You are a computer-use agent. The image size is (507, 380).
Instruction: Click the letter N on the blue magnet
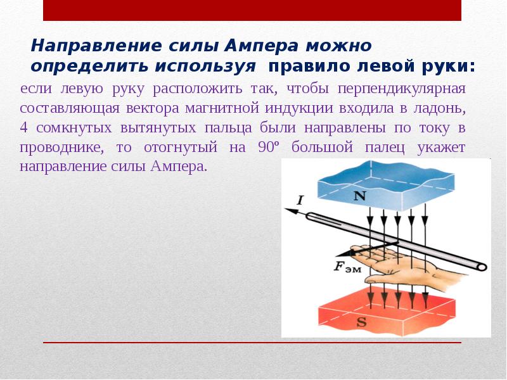(359, 196)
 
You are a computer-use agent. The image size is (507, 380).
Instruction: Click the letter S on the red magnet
(362, 322)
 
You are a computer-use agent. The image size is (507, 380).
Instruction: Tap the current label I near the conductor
(300, 200)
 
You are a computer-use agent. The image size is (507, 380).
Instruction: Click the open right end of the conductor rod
(482, 267)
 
